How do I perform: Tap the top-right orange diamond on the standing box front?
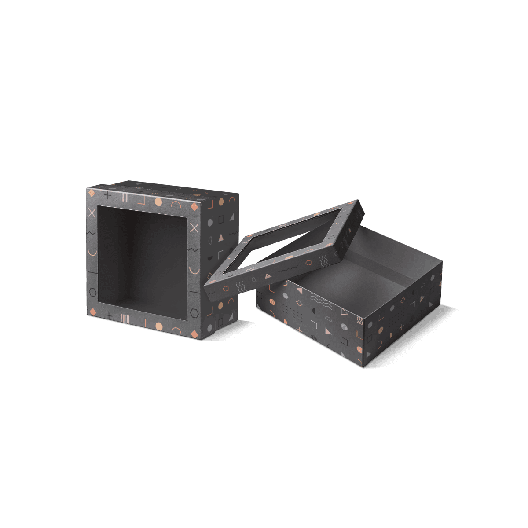[x=194, y=206]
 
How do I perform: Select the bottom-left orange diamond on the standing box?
[x=93, y=312]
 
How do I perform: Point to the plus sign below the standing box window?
[x=109, y=315]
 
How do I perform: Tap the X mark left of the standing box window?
[x=92, y=213]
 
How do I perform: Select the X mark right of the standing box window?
[x=194, y=228]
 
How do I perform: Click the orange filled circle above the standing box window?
[x=158, y=202]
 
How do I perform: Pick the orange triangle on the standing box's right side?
[x=221, y=238]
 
